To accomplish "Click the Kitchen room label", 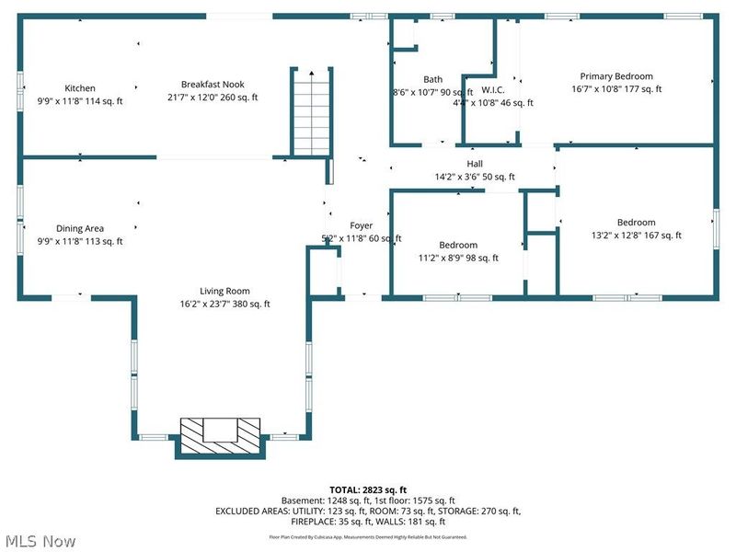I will [79, 88].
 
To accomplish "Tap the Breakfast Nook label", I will [213, 85].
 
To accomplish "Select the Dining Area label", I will [79, 228].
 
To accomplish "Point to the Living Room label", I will [224, 291].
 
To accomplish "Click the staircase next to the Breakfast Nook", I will [309, 110].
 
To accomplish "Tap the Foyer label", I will [361, 225].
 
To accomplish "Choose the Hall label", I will [475, 164].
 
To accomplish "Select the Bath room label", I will [432, 79].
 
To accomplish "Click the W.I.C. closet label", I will [493, 89].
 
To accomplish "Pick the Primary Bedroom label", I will [615, 76].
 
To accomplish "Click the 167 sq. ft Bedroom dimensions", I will [636, 236].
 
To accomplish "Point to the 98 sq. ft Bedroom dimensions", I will [457, 259].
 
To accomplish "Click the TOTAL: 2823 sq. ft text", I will [368, 489].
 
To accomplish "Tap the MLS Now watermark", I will [41, 539].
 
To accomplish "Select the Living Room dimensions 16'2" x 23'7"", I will [224, 305].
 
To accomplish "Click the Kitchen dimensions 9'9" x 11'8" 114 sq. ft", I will [79, 101].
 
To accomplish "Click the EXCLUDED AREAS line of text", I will [368, 512].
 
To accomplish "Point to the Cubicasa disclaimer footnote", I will [368, 536].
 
